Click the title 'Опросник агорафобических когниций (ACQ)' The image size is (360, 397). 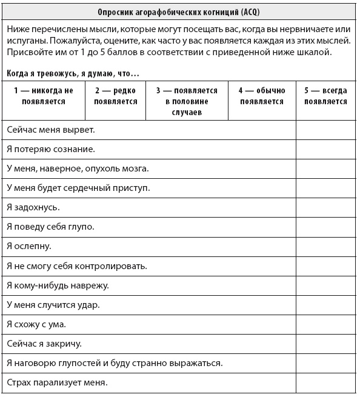click(x=179, y=13)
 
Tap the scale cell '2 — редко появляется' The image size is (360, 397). click(x=116, y=96)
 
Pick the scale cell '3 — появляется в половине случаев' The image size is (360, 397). click(x=187, y=101)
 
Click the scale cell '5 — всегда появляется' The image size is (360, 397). click(x=326, y=96)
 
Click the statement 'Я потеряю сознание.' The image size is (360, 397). click(x=51, y=149)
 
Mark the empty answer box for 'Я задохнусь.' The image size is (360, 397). click(x=326, y=207)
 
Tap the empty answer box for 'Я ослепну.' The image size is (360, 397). click(x=326, y=246)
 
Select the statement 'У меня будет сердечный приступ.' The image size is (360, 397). click(x=78, y=188)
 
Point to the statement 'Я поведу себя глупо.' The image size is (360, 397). click(x=50, y=227)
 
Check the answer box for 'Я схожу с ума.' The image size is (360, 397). click(x=326, y=324)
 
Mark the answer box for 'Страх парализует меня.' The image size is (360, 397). click(x=326, y=382)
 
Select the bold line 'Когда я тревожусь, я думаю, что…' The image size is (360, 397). click(x=73, y=73)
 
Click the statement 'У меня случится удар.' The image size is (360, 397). click(x=53, y=304)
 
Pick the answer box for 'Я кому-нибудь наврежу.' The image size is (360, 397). click(x=326, y=285)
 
